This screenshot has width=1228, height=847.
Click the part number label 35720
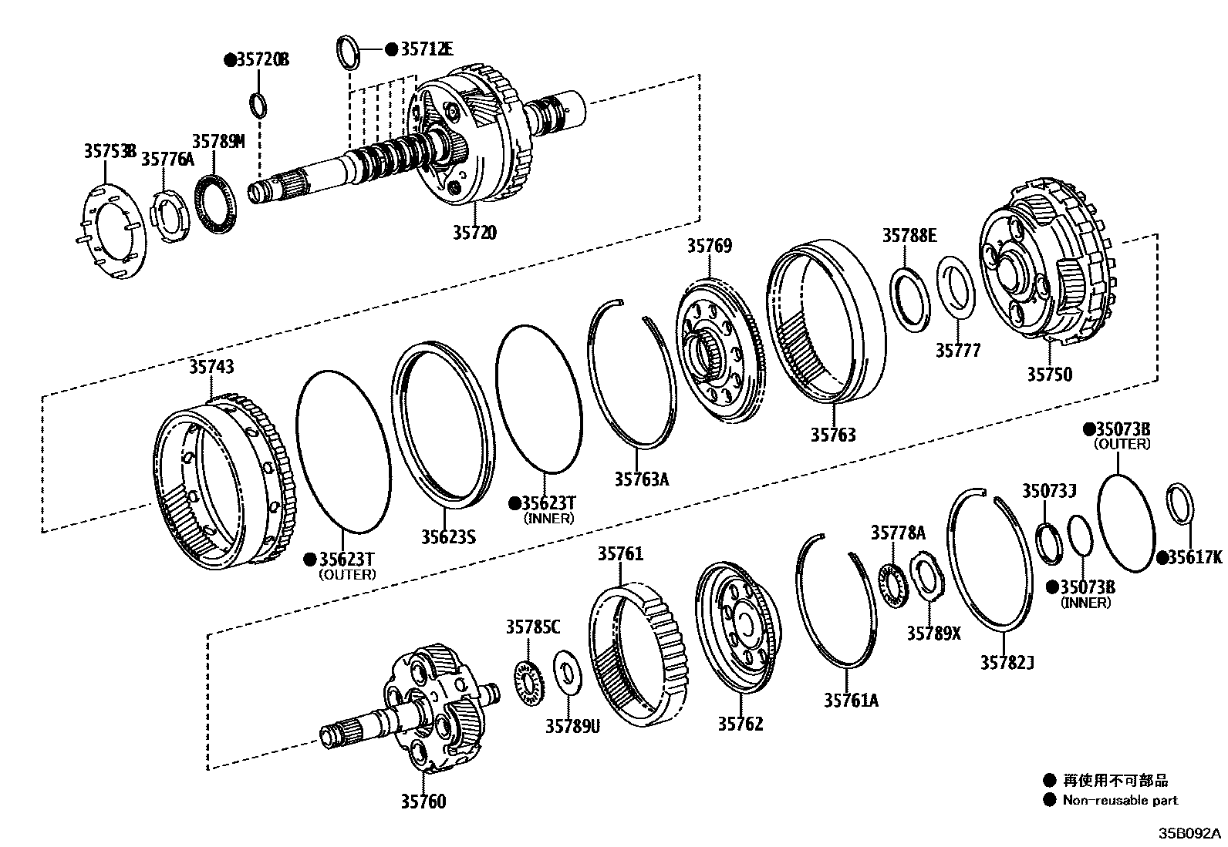pyautogui.click(x=474, y=232)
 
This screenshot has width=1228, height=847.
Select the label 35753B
pyautogui.click(x=110, y=151)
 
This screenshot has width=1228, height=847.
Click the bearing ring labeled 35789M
pyautogui.click(x=215, y=201)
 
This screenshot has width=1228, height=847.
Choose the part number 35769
pyautogui.click(x=709, y=247)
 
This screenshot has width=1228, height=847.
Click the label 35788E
pyautogui.click(x=909, y=235)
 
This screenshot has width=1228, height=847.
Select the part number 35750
pyautogui.click(x=1049, y=375)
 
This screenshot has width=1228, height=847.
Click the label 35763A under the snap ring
pyautogui.click(x=641, y=479)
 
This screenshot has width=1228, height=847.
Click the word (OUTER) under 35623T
pyautogui.click(x=347, y=574)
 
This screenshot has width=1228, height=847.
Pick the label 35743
pyautogui.click(x=211, y=368)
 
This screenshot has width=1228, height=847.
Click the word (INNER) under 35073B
pyautogui.click(x=1086, y=603)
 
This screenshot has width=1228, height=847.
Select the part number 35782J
pyautogui.click(x=1007, y=662)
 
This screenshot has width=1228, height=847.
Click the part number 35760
pyautogui.click(x=423, y=802)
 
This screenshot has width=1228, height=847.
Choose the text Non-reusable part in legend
pyautogui.click(x=1120, y=801)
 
